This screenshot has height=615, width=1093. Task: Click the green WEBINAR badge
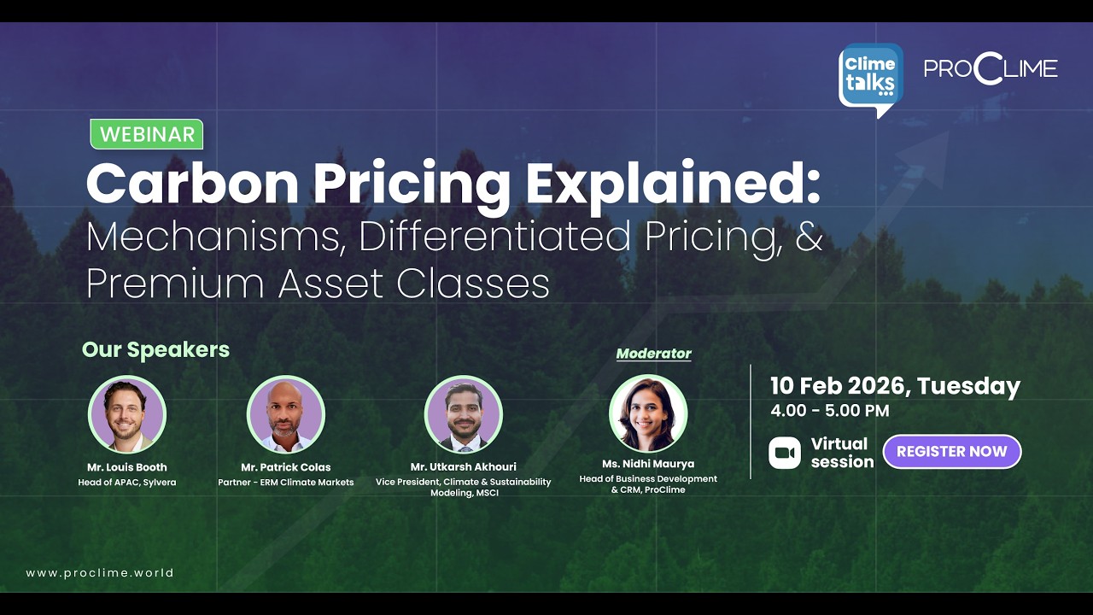click(x=147, y=134)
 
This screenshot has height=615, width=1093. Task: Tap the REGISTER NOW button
click(x=951, y=452)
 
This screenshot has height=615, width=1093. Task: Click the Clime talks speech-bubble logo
click(x=870, y=77)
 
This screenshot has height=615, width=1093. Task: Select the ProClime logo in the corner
click(x=991, y=69)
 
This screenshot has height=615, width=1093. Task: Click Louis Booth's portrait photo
click(x=127, y=414)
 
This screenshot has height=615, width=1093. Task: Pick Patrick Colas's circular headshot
click(x=286, y=414)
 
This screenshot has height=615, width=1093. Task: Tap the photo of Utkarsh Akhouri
click(x=464, y=414)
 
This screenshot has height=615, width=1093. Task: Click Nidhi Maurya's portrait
click(x=648, y=414)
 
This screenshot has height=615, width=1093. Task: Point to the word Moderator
click(x=653, y=354)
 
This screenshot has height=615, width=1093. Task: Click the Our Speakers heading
click(x=155, y=349)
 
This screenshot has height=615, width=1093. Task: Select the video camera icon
click(x=784, y=453)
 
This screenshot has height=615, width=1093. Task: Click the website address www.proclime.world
click(x=100, y=573)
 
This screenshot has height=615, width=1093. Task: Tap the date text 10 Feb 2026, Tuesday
click(x=895, y=386)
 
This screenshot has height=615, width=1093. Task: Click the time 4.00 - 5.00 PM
click(x=829, y=411)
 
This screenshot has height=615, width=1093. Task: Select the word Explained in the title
click(x=673, y=184)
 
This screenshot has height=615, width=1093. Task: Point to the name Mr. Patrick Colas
click(x=285, y=467)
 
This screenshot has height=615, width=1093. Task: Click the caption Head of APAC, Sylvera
click(x=127, y=483)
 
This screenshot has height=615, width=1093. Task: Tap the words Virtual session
click(x=842, y=453)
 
